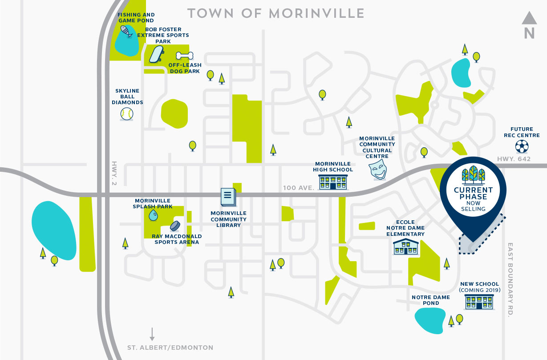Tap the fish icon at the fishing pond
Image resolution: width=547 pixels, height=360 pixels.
126,32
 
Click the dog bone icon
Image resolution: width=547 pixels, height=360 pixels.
184,56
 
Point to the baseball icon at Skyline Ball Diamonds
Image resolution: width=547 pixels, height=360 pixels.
127,114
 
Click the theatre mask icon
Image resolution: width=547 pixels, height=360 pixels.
377,170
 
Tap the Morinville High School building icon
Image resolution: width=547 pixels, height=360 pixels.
332,182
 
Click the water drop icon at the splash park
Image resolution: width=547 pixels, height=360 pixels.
153,215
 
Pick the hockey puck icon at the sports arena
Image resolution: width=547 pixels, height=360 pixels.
175,226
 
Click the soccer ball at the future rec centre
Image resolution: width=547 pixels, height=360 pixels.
522,146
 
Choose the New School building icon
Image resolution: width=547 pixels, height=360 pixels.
479,301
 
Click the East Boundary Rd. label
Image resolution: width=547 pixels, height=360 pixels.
510,279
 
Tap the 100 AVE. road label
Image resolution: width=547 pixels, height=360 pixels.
298,188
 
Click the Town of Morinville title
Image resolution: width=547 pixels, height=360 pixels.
276,13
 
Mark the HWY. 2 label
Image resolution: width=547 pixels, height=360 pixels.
114,173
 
